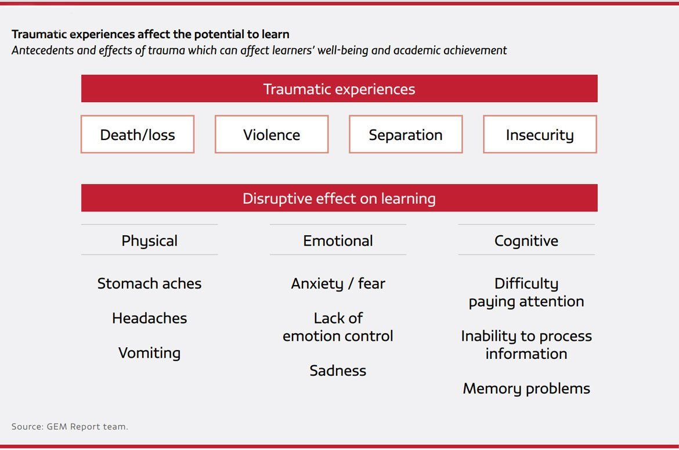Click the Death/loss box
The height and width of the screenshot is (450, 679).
click(138, 134)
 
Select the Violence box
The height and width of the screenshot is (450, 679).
click(272, 134)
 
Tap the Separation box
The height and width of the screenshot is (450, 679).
click(406, 134)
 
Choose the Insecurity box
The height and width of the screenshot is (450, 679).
click(540, 134)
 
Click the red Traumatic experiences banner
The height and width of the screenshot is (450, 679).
click(339, 88)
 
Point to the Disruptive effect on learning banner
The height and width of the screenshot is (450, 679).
click(339, 198)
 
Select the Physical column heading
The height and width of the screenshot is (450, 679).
click(149, 241)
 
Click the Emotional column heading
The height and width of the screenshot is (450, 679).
click(338, 241)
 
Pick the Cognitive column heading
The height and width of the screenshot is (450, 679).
click(526, 241)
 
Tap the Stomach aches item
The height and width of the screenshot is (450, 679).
click(149, 283)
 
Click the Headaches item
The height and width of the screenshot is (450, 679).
click(149, 318)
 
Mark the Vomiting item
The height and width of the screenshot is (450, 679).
click(149, 353)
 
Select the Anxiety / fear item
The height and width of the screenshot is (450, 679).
click(338, 284)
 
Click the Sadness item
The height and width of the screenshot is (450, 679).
click(338, 370)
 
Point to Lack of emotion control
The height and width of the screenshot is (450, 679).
click(338, 327)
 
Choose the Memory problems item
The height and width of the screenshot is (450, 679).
click(526, 388)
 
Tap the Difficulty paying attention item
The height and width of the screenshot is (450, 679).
click(526, 292)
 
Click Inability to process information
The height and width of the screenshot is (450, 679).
click(526, 345)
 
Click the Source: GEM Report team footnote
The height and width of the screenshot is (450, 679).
click(70, 427)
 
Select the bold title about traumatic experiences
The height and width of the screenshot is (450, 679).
click(150, 34)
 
